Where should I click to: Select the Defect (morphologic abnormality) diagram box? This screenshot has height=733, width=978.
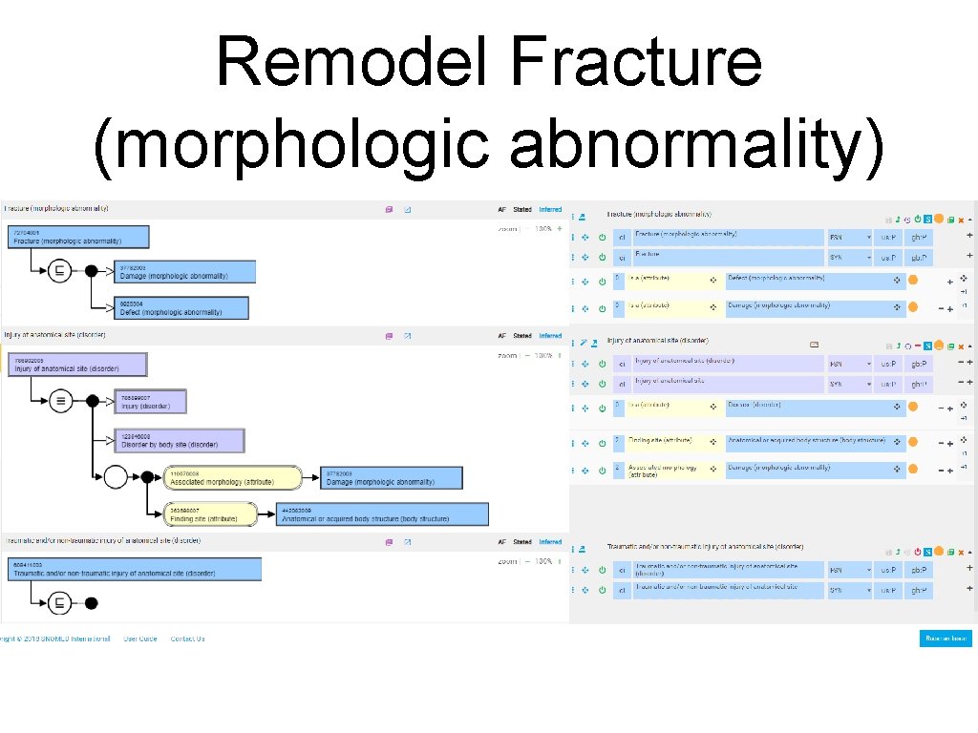pyautogui.click(x=181, y=307)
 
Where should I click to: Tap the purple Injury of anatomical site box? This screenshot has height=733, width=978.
pyautogui.click(x=77, y=365)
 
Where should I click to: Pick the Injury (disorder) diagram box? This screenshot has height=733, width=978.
pyautogui.click(x=150, y=401)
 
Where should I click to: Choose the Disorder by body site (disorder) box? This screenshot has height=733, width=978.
pyautogui.click(x=179, y=440)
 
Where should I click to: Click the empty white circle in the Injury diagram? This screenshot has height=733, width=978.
pyautogui.click(x=116, y=477)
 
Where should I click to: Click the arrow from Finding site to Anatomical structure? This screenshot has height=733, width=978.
pyautogui.click(x=266, y=514)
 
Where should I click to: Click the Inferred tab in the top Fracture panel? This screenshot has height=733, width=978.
pyautogui.click(x=550, y=209)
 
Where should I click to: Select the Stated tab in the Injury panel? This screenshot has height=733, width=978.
pyautogui.click(x=522, y=336)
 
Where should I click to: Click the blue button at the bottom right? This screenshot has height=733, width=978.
pyautogui.click(x=946, y=639)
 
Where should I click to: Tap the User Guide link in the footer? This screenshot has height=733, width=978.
pyautogui.click(x=140, y=639)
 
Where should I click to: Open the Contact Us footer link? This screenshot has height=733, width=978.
pyautogui.click(x=187, y=639)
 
